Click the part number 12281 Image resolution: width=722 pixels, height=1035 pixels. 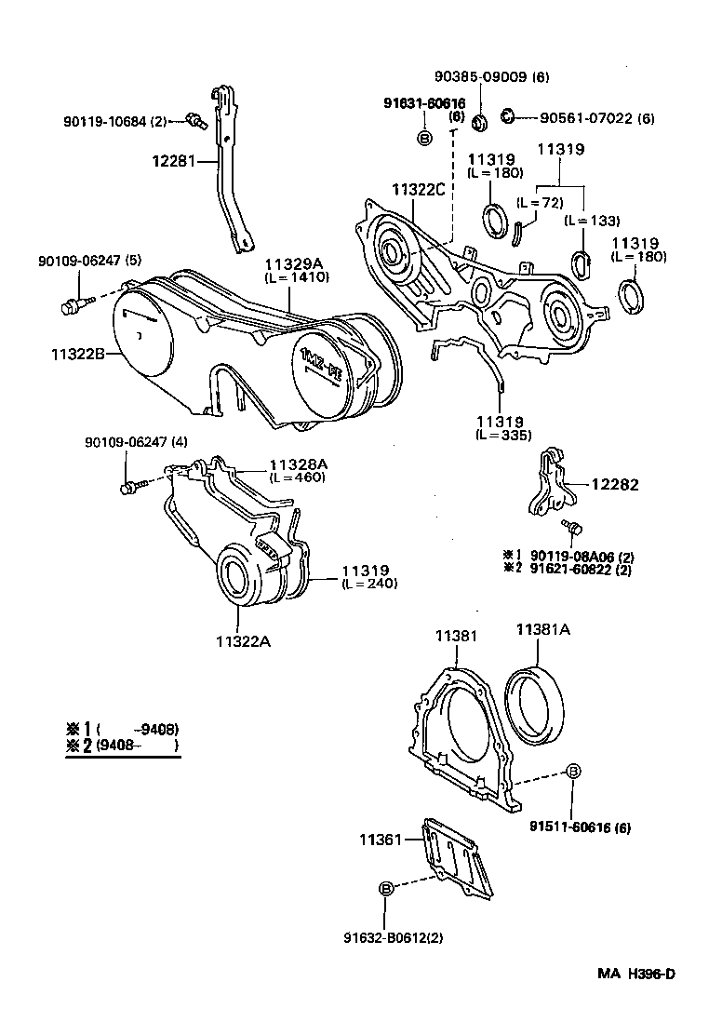coord(173,160)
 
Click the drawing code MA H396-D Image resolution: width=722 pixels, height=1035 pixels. coord(635,1001)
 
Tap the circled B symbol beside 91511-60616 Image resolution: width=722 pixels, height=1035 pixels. coord(574,771)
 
